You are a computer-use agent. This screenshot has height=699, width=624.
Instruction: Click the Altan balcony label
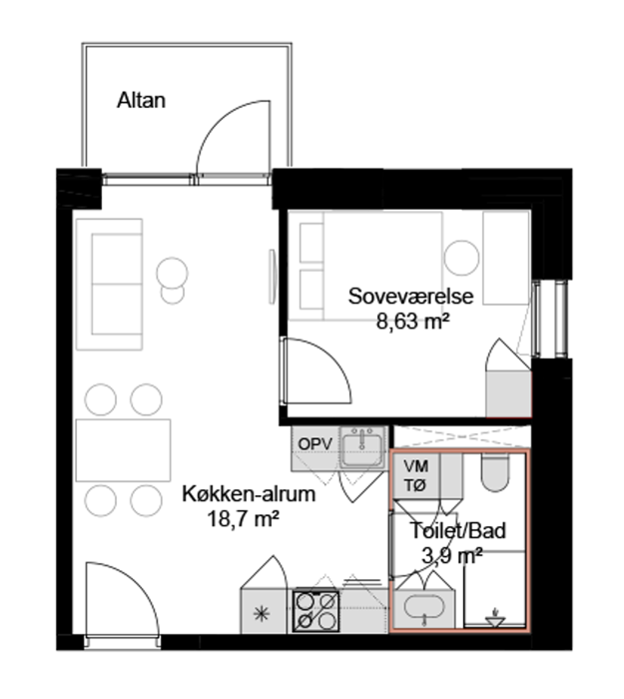tap(142, 100)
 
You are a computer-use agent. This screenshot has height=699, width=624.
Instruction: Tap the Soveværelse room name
tap(410, 297)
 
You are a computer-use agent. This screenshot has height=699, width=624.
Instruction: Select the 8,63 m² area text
tap(412, 321)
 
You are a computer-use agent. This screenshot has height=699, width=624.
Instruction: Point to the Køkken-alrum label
tap(249, 494)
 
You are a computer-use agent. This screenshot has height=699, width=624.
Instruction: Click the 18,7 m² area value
tap(244, 518)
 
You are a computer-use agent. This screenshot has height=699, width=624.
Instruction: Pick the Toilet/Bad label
tap(457, 530)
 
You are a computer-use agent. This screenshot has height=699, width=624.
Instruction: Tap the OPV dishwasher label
tap(315, 444)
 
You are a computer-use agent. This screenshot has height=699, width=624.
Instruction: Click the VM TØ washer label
tap(416, 475)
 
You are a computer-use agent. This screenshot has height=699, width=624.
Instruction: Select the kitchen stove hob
tap(316, 610)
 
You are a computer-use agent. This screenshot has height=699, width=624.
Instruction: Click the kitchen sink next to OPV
tap(361, 446)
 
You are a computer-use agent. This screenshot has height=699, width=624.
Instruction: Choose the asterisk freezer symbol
tap(262, 614)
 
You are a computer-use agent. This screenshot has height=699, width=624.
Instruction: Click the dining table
tap(123, 450)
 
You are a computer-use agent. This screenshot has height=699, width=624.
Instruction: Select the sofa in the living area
tap(109, 284)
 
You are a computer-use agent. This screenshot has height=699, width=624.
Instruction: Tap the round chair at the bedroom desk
tap(461, 258)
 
